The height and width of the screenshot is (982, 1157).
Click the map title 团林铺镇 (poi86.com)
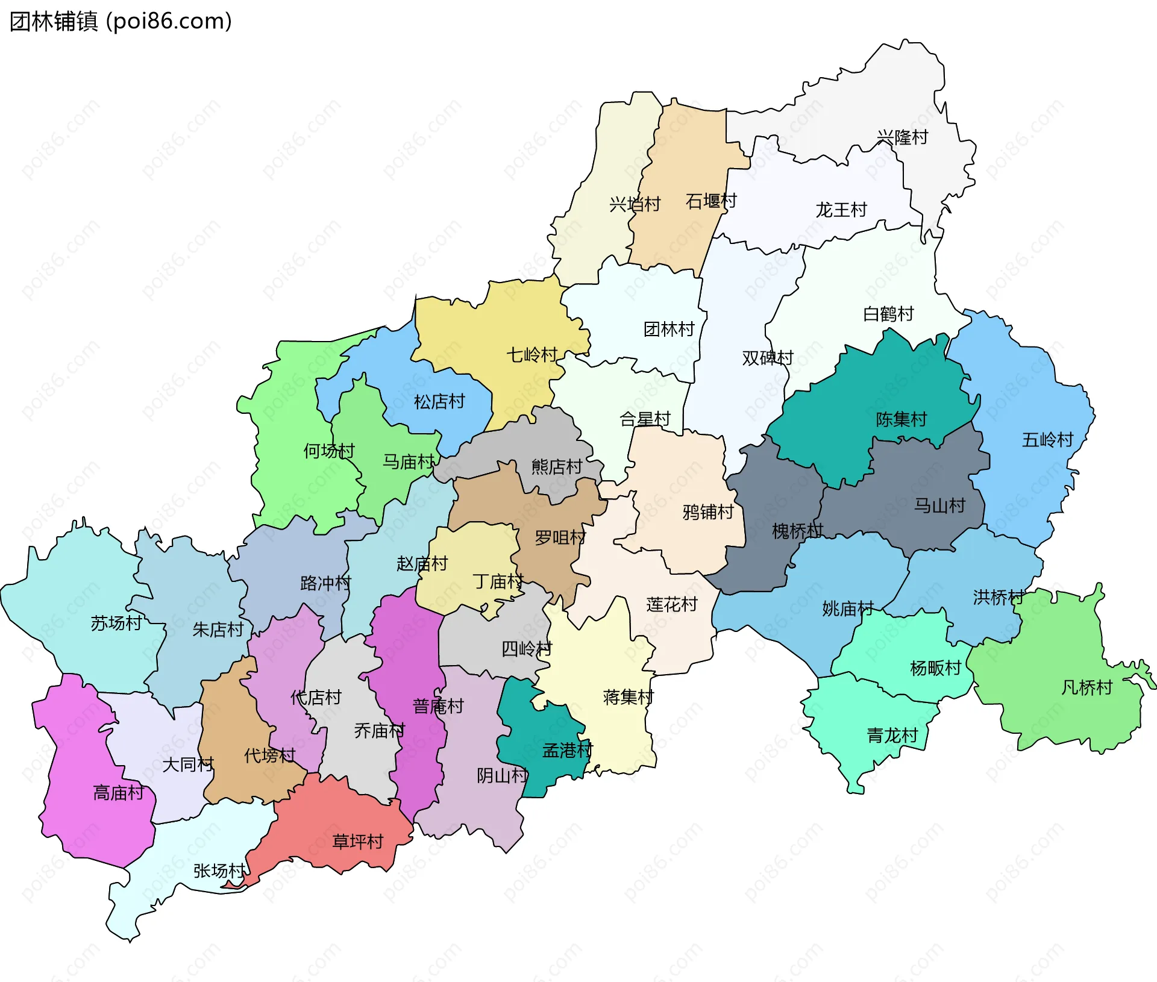coord(121,22)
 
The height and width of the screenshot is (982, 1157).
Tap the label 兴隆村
coord(902,137)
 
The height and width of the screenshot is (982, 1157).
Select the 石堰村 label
coord(711,201)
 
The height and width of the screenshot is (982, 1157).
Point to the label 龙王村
coord(841,210)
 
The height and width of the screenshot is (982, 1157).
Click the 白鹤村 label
coord(888,314)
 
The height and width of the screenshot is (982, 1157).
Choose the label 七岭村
coord(531,355)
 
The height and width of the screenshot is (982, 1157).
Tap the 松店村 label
coord(439,401)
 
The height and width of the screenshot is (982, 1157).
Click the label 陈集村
coord(901,419)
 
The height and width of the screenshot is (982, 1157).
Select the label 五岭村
coord(1047,440)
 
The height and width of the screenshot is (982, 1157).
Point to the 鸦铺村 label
coord(708,512)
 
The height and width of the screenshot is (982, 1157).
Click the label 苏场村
coord(116,623)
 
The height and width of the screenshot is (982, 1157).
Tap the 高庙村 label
coord(119,793)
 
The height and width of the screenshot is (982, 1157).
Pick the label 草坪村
coord(358,842)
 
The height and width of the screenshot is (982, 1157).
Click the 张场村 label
coord(219,871)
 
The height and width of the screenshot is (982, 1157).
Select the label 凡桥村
coord(1086,687)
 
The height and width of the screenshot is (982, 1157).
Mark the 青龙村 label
coord(892,736)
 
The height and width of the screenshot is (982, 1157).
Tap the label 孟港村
coord(568,750)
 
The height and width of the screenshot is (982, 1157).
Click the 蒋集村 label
coord(629,698)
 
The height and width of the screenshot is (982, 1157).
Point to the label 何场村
coord(329,451)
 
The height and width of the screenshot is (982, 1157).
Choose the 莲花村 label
coord(672,604)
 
